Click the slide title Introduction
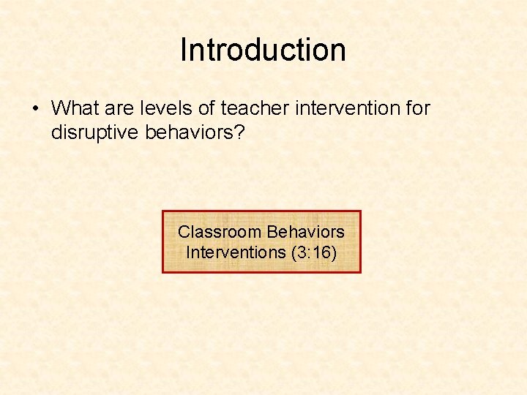click(263, 50)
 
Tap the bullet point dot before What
click(35, 109)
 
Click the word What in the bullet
click(75, 108)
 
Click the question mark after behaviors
click(246, 132)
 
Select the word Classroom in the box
click(220, 232)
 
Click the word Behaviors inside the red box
click(305, 232)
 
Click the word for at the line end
click(417, 108)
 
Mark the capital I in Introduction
click(183, 50)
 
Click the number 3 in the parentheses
click(301, 252)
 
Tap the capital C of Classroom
click(184, 232)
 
